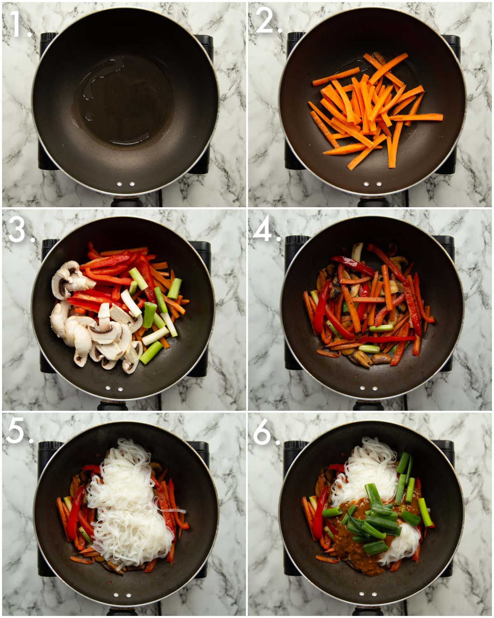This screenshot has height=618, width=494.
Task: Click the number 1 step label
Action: pyautogui.click(x=17, y=24)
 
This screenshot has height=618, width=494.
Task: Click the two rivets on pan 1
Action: pyautogui.click(x=126, y=184)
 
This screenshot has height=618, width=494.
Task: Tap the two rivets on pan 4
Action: pyautogui.click(x=368, y=388)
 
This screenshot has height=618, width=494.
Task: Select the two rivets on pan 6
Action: pyautogui.click(x=368, y=595)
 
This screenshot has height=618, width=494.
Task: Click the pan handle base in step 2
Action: pyautogui.click(x=373, y=202)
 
